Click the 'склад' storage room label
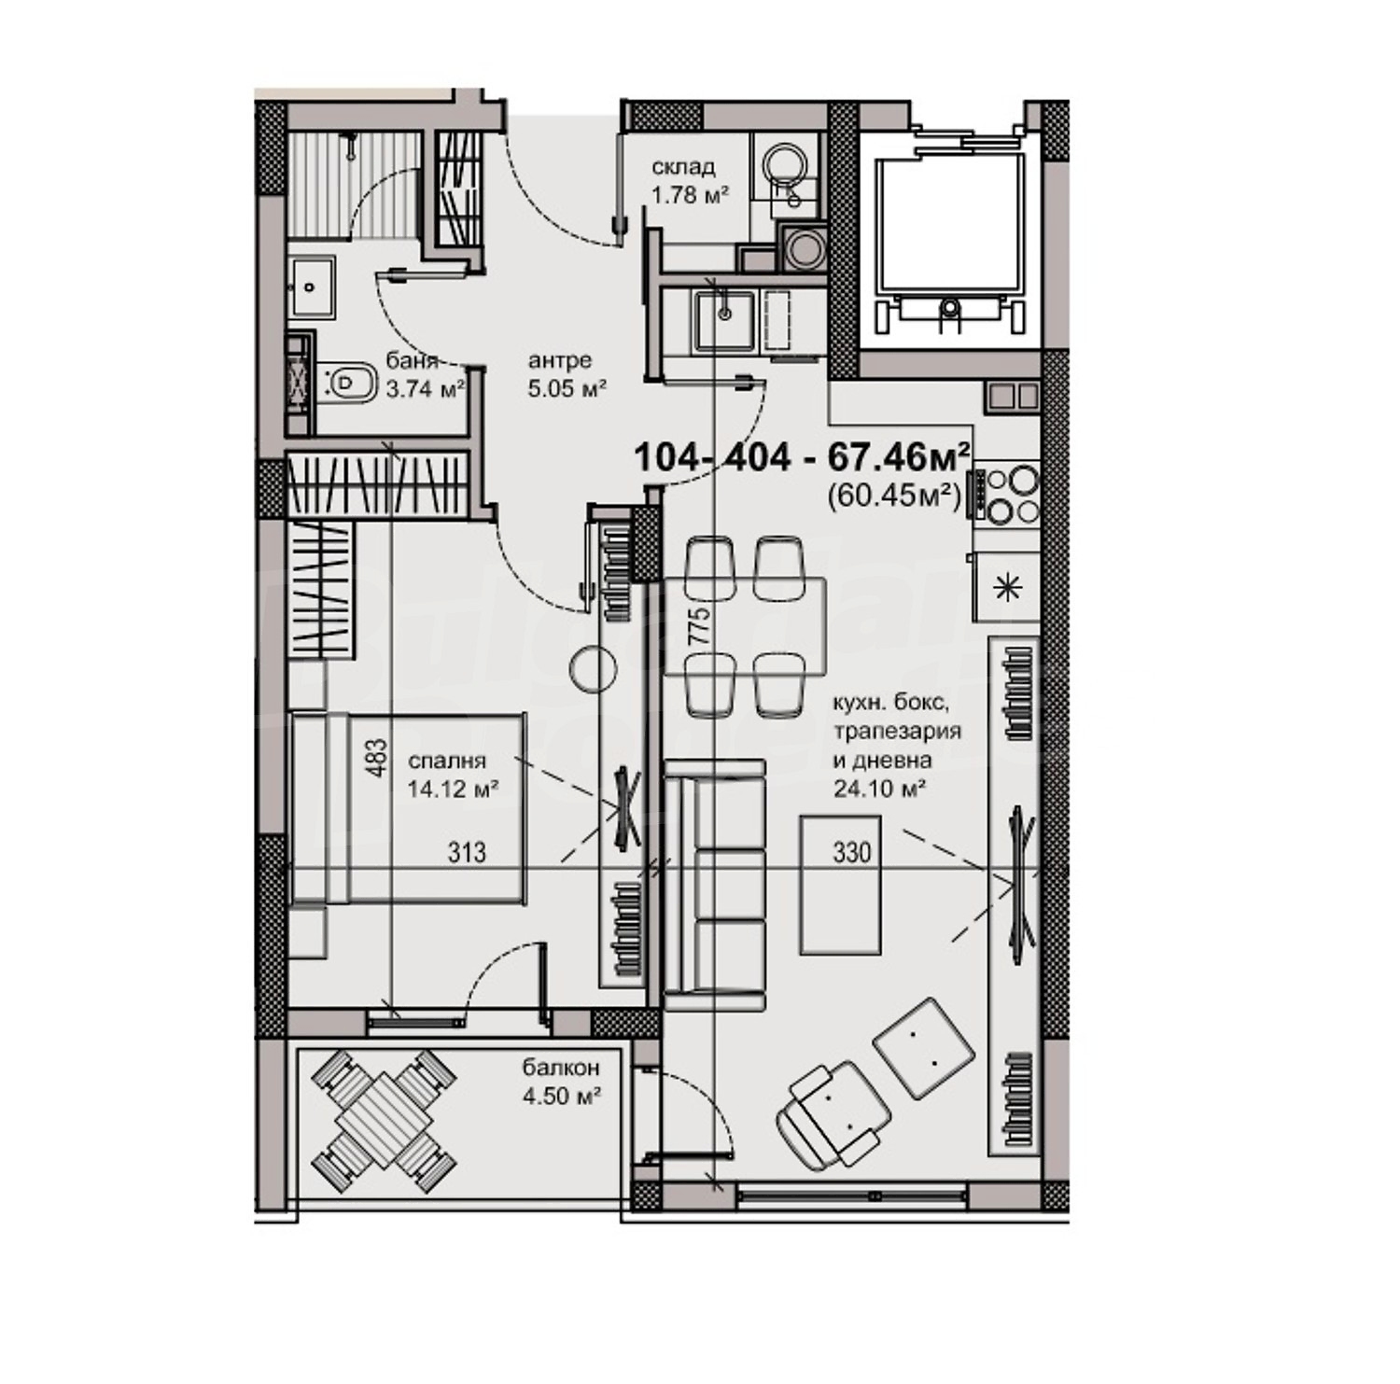[x=683, y=167]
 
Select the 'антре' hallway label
[x=560, y=361]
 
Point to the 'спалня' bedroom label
[x=448, y=762]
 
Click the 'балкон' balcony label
[x=561, y=1069]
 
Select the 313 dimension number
[x=467, y=852]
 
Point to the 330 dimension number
[x=851, y=852]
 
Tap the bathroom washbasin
[x=312, y=287]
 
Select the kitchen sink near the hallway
[x=724, y=320]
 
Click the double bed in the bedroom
[x=408, y=808]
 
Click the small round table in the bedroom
[x=595, y=669]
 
